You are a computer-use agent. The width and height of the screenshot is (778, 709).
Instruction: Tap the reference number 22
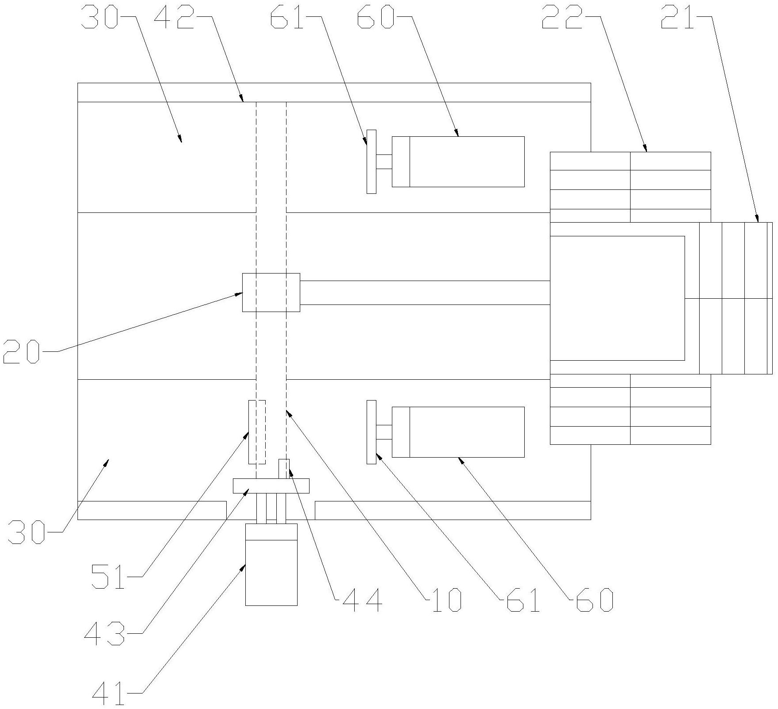(562, 17)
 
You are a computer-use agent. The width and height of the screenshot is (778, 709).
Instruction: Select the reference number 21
(677, 17)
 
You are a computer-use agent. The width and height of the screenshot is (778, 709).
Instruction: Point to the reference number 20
(21, 351)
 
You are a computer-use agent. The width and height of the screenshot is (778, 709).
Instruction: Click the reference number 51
(109, 577)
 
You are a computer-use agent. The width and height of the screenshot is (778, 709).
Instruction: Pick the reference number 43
(105, 633)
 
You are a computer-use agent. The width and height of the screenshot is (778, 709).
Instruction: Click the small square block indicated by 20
(271, 292)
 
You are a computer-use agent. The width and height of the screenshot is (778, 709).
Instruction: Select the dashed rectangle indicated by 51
(257, 432)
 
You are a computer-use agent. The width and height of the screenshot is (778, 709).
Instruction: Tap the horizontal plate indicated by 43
(271, 486)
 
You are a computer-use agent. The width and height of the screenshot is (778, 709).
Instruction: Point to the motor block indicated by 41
(271, 565)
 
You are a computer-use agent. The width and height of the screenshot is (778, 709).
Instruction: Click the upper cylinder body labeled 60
(458, 162)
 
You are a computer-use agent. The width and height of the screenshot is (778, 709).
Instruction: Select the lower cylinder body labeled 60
(458, 432)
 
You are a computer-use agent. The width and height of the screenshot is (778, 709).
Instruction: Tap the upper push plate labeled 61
(372, 162)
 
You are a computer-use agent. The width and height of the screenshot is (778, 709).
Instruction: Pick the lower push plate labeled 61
(372, 432)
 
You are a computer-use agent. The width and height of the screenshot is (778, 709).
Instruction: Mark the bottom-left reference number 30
(27, 532)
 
